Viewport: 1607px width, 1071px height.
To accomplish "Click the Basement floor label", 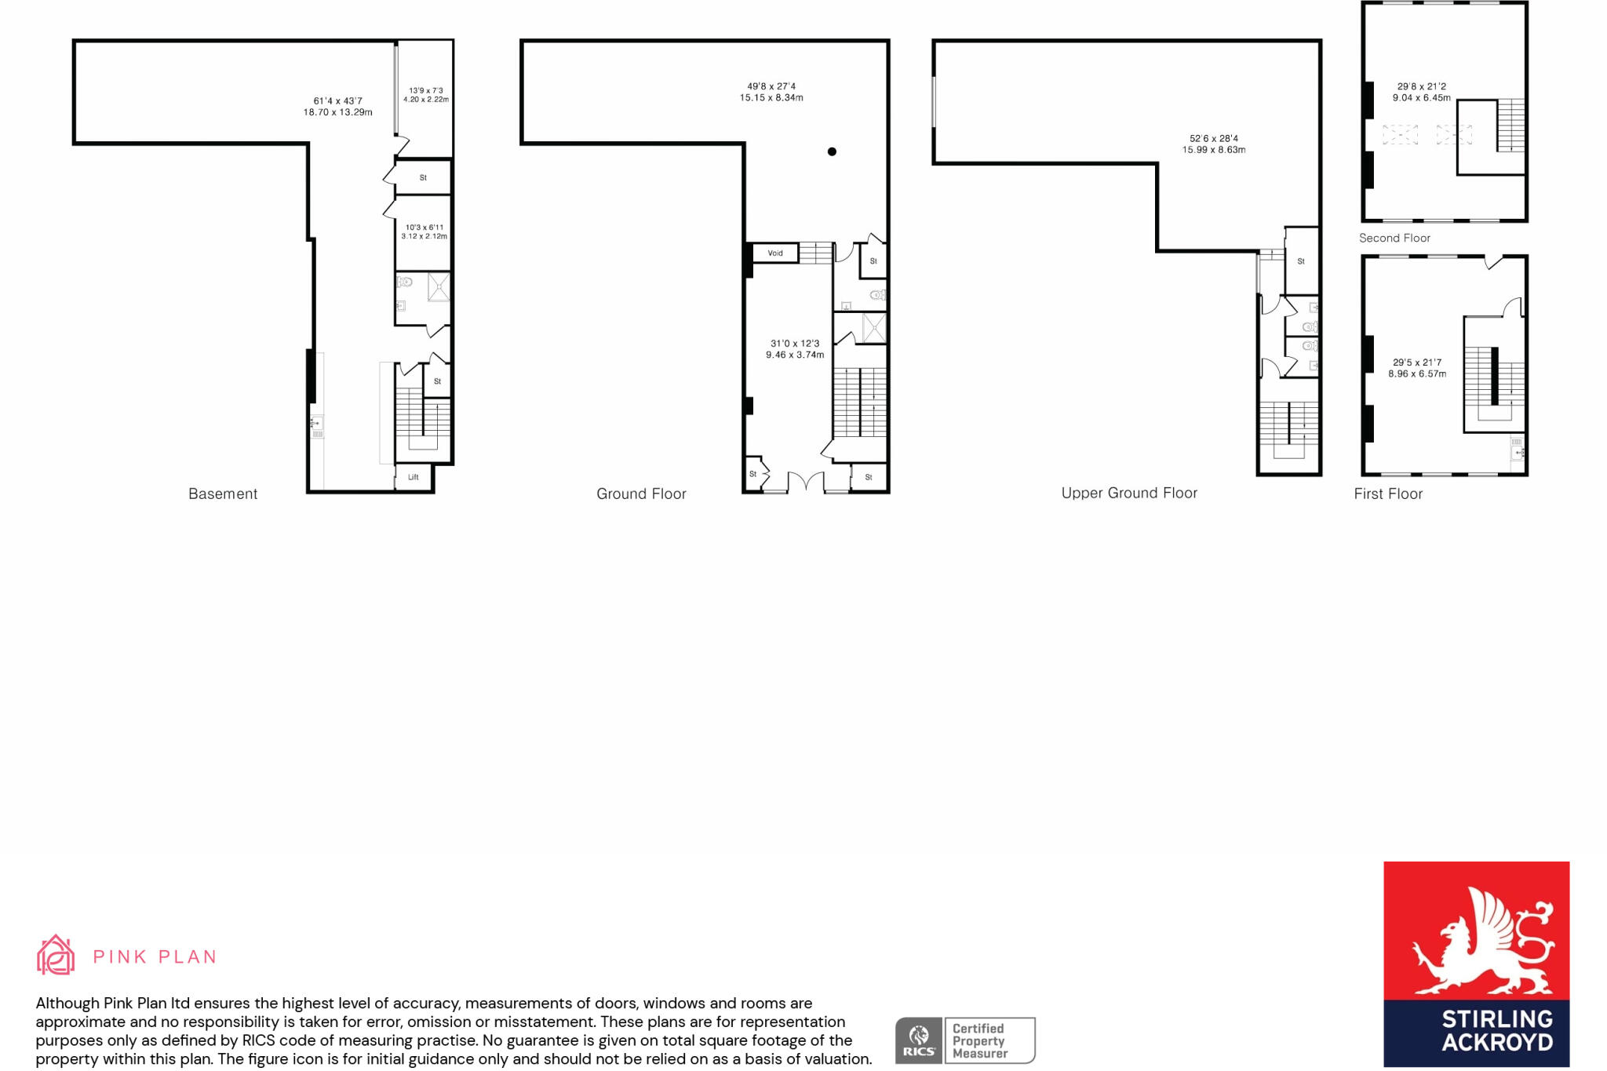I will pyautogui.click(x=223, y=494).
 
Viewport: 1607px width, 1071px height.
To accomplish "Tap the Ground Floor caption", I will pyautogui.click(x=641, y=494).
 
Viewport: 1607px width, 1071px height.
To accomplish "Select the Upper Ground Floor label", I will pyautogui.click(x=1129, y=493).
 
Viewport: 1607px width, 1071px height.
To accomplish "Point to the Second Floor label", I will pyautogui.click(x=1394, y=238).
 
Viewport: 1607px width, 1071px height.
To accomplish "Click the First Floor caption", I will pyautogui.click(x=1388, y=494).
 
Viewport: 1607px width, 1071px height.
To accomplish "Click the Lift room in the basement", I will pyautogui.click(x=414, y=477).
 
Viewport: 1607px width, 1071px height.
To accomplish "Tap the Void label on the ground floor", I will pyautogui.click(x=775, y=253).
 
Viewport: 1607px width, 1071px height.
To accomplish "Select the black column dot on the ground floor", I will pyautogui.click(x=832, y=151).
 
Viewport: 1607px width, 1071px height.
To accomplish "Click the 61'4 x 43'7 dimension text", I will pyautogui.click(x=338, y=107).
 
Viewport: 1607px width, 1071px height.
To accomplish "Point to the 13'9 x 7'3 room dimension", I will pyautogui.click(x=426, y=95).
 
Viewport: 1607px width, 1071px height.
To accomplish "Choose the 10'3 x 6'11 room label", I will pyautogui.click(x=425, y=231).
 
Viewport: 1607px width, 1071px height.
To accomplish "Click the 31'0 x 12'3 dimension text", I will pyautogui.click(x=795, y=349).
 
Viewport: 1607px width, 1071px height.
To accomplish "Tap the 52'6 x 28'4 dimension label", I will pyautogui.click(x=1214, y=144).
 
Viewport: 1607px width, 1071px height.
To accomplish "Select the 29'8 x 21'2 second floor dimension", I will pyautogui.click(x=1421, y=92).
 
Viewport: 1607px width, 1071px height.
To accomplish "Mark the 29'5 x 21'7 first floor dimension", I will pyautogui.click(x=1417, y=368).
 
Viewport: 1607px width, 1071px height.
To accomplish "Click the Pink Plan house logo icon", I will pyautogui.click(x=56, y=955).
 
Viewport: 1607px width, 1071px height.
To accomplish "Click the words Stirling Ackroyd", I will pyautogui.click(x=1497, y=1030).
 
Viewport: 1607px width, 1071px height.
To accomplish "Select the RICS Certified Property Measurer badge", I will pyautogui.click(x=965, y=1040).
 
